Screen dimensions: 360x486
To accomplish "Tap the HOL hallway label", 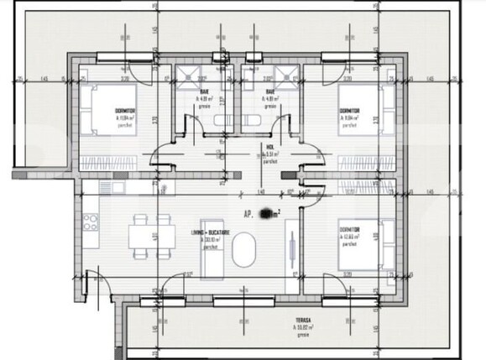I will pyautogui.click(x=269, y=148).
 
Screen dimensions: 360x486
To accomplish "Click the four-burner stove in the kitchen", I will pyautogui.click(x=90, y=223).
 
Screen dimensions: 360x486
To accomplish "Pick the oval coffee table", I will pyautogui.click(x=246, y=251).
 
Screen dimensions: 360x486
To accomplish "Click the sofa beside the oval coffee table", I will pyautogui.click(x=290, y=248).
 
